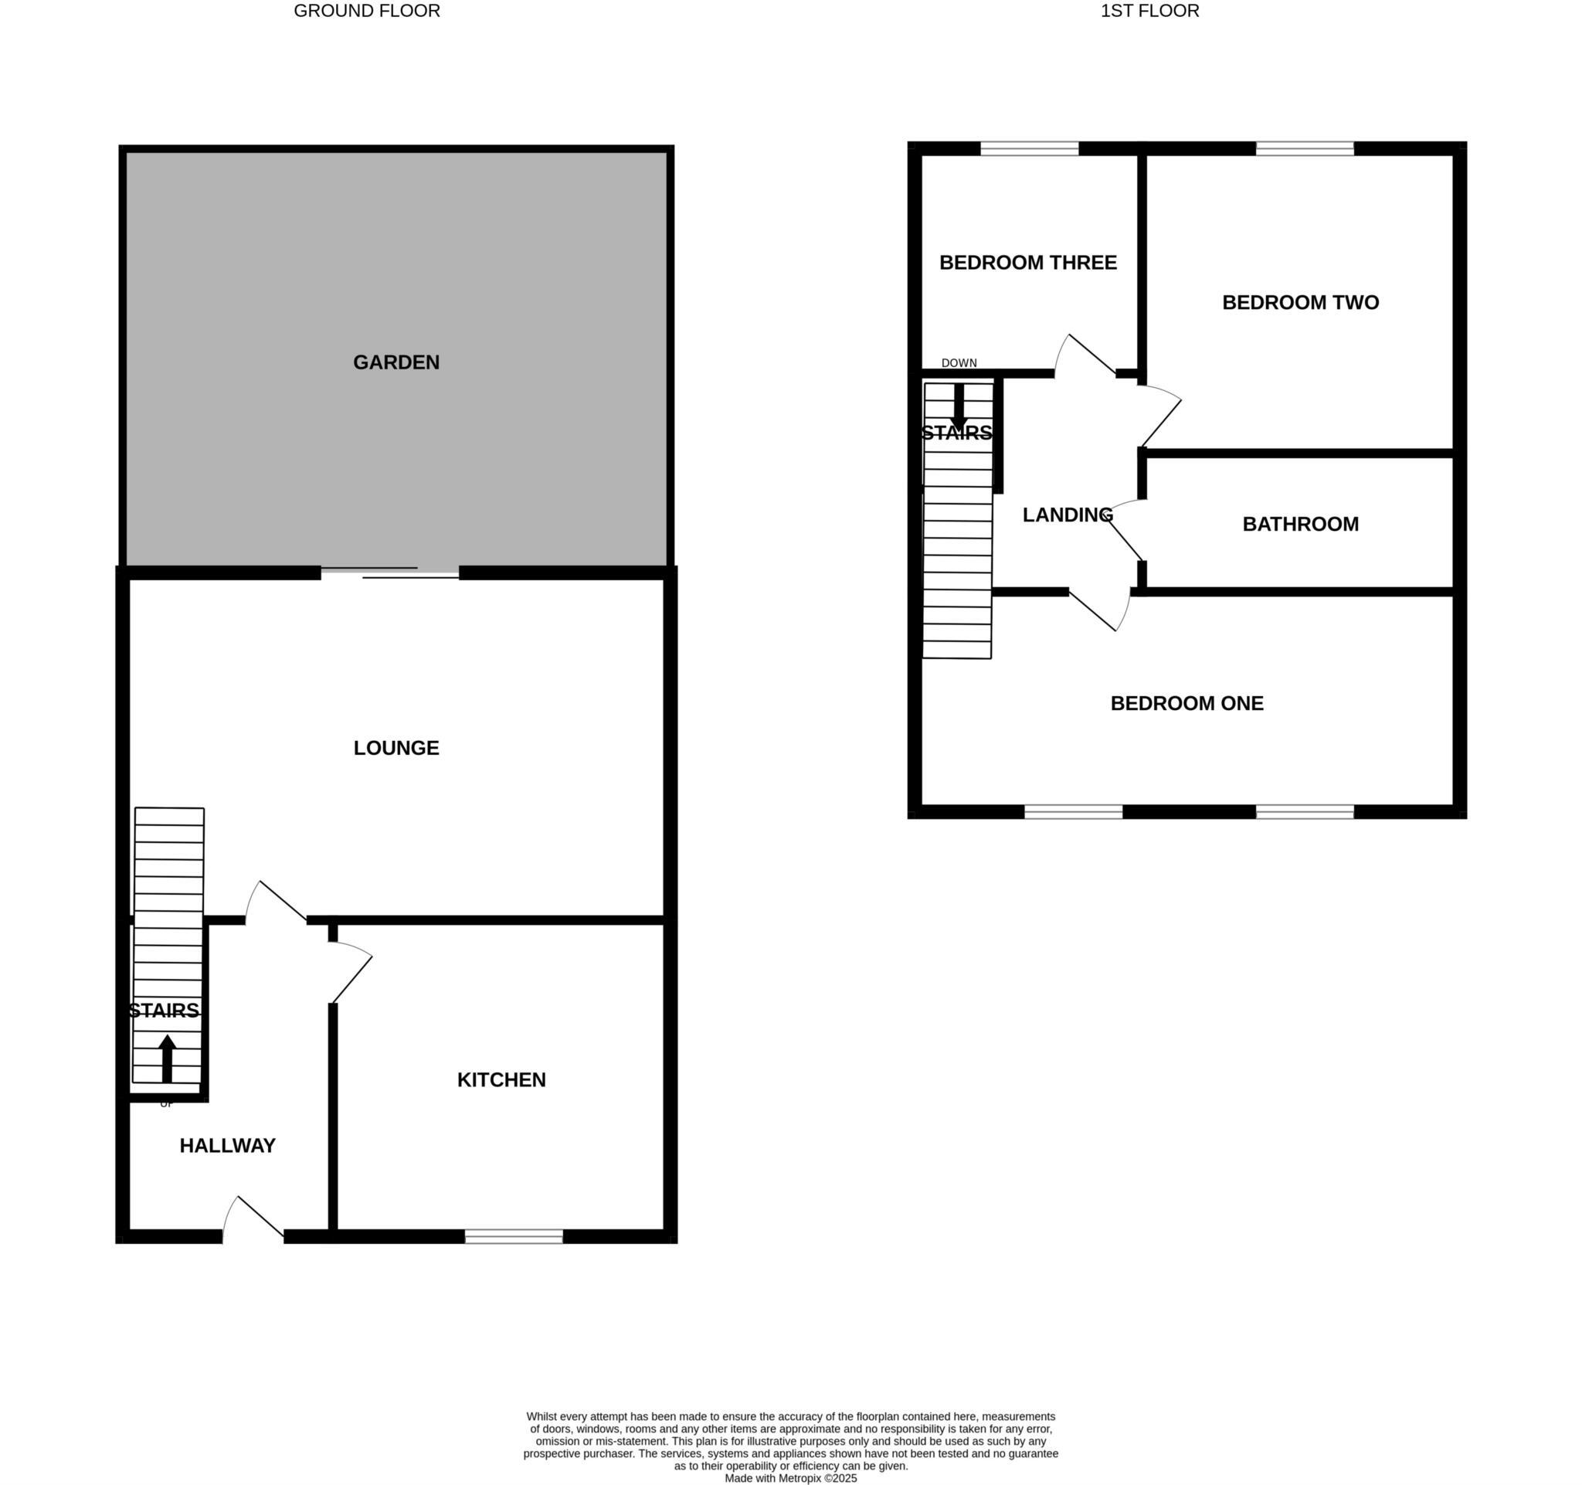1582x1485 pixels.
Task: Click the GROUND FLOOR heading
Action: tap(367, 11)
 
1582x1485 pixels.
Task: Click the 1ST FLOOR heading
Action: tap(1149, 11)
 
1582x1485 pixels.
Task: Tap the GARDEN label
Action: tap(396, 362)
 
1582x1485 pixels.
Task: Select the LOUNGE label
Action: tap(396, 748)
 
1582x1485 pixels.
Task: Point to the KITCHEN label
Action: tap(501, 1080)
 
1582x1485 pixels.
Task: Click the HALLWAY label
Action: tap(228, 1145)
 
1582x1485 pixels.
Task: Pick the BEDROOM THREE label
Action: tap(1028, 263)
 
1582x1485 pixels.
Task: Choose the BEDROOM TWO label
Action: tap(1300, 302)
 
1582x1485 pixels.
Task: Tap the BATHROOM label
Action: tap(1300, 525)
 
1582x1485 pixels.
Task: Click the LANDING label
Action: tap(1067, 515)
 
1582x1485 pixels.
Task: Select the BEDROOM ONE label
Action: tap(1186, 704)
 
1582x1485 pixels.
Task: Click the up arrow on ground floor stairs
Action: tap(167, 1059)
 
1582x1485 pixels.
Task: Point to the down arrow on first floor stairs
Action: tap(959, 406)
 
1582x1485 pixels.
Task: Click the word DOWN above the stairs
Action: tap(959, 363)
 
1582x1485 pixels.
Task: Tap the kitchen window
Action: tap(514, 1236)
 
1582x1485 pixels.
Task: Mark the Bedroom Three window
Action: tap(1029, 148)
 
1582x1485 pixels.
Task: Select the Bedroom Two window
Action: tap(1304, 148)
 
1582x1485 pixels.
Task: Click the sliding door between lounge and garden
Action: tap(390, 573)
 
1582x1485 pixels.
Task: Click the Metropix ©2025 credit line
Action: tap(790, 1478)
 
